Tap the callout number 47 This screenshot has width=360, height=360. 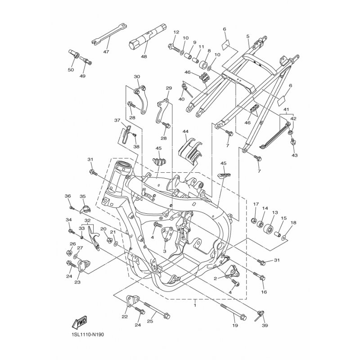click(106, 52)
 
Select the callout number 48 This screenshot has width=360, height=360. click(144, 57)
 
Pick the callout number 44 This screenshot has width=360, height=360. click(185, 131)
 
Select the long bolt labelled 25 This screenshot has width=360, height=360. click(157, 310)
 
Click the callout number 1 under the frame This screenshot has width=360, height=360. click(195, 306)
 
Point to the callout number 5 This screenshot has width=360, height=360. click(248, 36)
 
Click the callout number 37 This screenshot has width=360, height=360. click(117, 120)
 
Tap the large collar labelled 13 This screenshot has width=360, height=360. click(269, 229)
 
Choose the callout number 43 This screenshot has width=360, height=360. click(295, 155)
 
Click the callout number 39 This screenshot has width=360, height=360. click(265, 325)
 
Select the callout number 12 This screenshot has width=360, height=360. click(176, 32)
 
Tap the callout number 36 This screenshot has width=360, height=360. click(67, 196)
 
